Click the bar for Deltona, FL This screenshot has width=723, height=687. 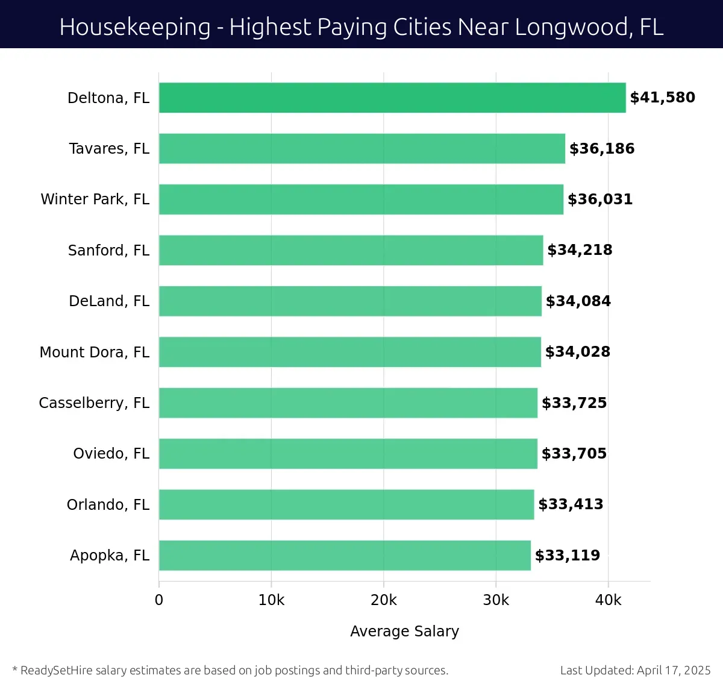pyautogui.click(x=392, y=98)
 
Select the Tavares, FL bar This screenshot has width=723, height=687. pyautogui.click(x=362, y=149)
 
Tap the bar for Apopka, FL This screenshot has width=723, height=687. pyautogui.click(x=345, y=556)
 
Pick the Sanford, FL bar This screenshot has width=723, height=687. pyautogui.click(x=351, y=250)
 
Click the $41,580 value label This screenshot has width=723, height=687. pyautogui.click(x=662, y=98)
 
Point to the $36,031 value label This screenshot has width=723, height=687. pyautogui.click(x=600, y=199)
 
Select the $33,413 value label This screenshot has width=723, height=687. pyautogui.click(x=571, y=504)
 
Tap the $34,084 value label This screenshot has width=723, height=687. pyautogui.click(x=578, y=301)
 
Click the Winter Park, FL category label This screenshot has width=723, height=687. pyautogui.click(x=95, y=199)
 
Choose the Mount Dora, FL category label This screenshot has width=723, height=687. pyautogui.click(x=94, y=352)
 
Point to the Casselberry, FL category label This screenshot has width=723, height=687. pyautogui.click(x=94, y=403)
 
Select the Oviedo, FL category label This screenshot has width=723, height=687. pyautogui.click(x=111, y=454)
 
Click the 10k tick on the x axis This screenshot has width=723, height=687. pyautogui.click(x=271, y=600)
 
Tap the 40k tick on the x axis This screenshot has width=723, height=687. pyautogui.click(x=608, y=600)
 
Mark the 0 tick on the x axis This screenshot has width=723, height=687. pyautogui.click(x=159, y=600)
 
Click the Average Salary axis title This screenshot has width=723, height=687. pyautogui.click(x=404, y=631)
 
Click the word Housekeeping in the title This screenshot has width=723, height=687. pyautogui.click(x=135, y=27)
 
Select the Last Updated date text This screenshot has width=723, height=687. pyautogui.click(x=635, y=670)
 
